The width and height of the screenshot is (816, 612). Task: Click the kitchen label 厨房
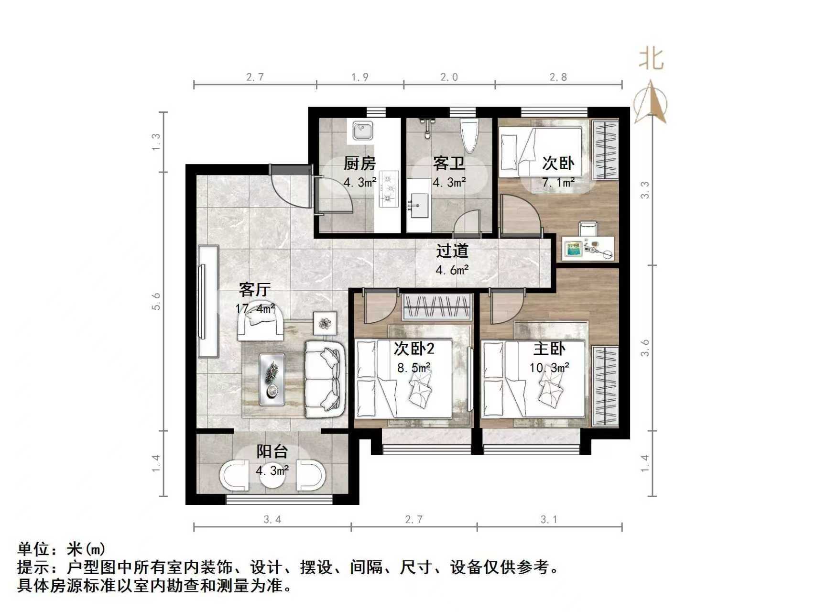pyautogui.click(x=359, y=164)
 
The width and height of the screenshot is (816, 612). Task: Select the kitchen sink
pyautogui.click(x=363, y=131)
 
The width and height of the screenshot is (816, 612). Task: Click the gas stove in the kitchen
pyautogui.click(x=389, y=189)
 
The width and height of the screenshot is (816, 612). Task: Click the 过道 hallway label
pyautogui.click(x=452, y=251)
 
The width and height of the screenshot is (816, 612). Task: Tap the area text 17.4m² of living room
pyautogui.click(x=255, y=308)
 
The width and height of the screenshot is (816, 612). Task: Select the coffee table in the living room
pyautogui.click(x=272, y=379)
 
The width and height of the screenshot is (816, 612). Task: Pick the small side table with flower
pyautogui.click(x=325, y=323)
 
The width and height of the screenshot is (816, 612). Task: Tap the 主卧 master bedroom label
pyautogui.click(x=549, y=349)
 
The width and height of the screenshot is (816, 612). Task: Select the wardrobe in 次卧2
pyautogui.click(x=437, y=306)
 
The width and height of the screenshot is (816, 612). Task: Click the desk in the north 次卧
pyautogui.click(x=588, y=249)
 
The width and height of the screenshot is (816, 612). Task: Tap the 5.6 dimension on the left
pyautogui.click(x=156, y=301)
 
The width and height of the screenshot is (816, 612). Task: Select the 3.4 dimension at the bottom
pyautogui.click(x=272, y=519)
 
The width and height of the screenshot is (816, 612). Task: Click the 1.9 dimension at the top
pyautogui.click(x=359, y=77)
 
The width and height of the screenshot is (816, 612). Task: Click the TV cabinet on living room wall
pyautogui.click(x=208, y=301)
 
